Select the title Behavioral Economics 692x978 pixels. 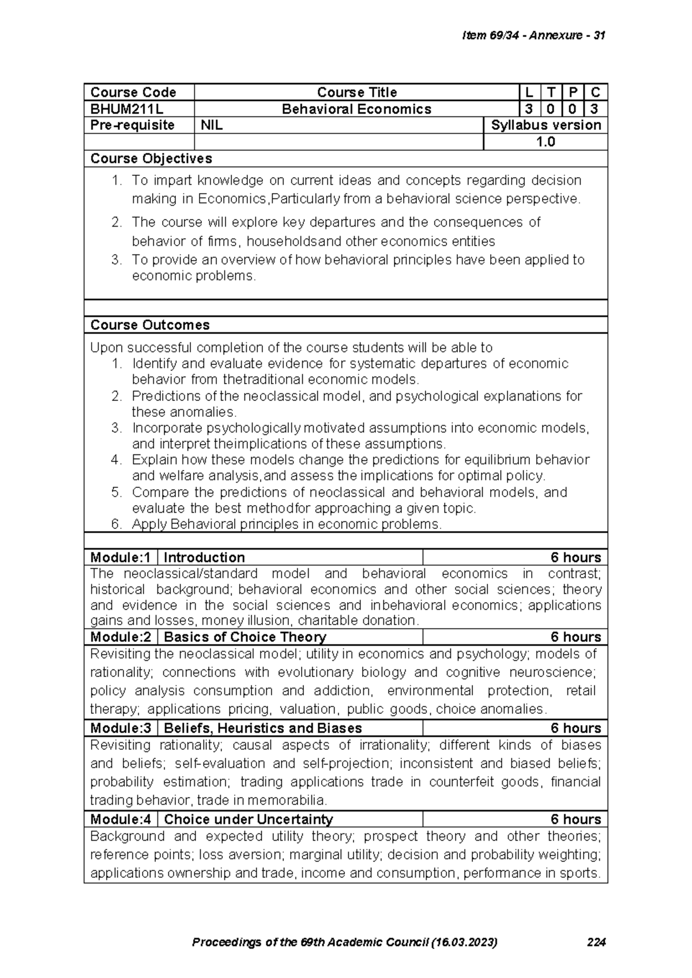pos(356,109)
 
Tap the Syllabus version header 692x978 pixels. pos(546,125)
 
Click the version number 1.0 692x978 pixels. pos(545,142)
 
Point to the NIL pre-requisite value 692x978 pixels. pos(212,125)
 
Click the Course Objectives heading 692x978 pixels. pos(151,159)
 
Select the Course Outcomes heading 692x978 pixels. pos(150,325)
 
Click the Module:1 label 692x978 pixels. pos(121,558)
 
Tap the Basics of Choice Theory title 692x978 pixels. pos(245,637)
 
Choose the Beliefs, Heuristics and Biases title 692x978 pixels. pos(263,728)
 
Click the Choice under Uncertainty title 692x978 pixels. pos(249,819)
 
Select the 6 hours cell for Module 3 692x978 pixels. pos(575,728)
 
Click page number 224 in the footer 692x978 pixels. pos(596,943)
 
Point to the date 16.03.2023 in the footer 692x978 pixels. pos(465,943)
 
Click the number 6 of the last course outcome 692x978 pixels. pos(116,524)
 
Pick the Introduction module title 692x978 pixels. pos(205,558)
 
